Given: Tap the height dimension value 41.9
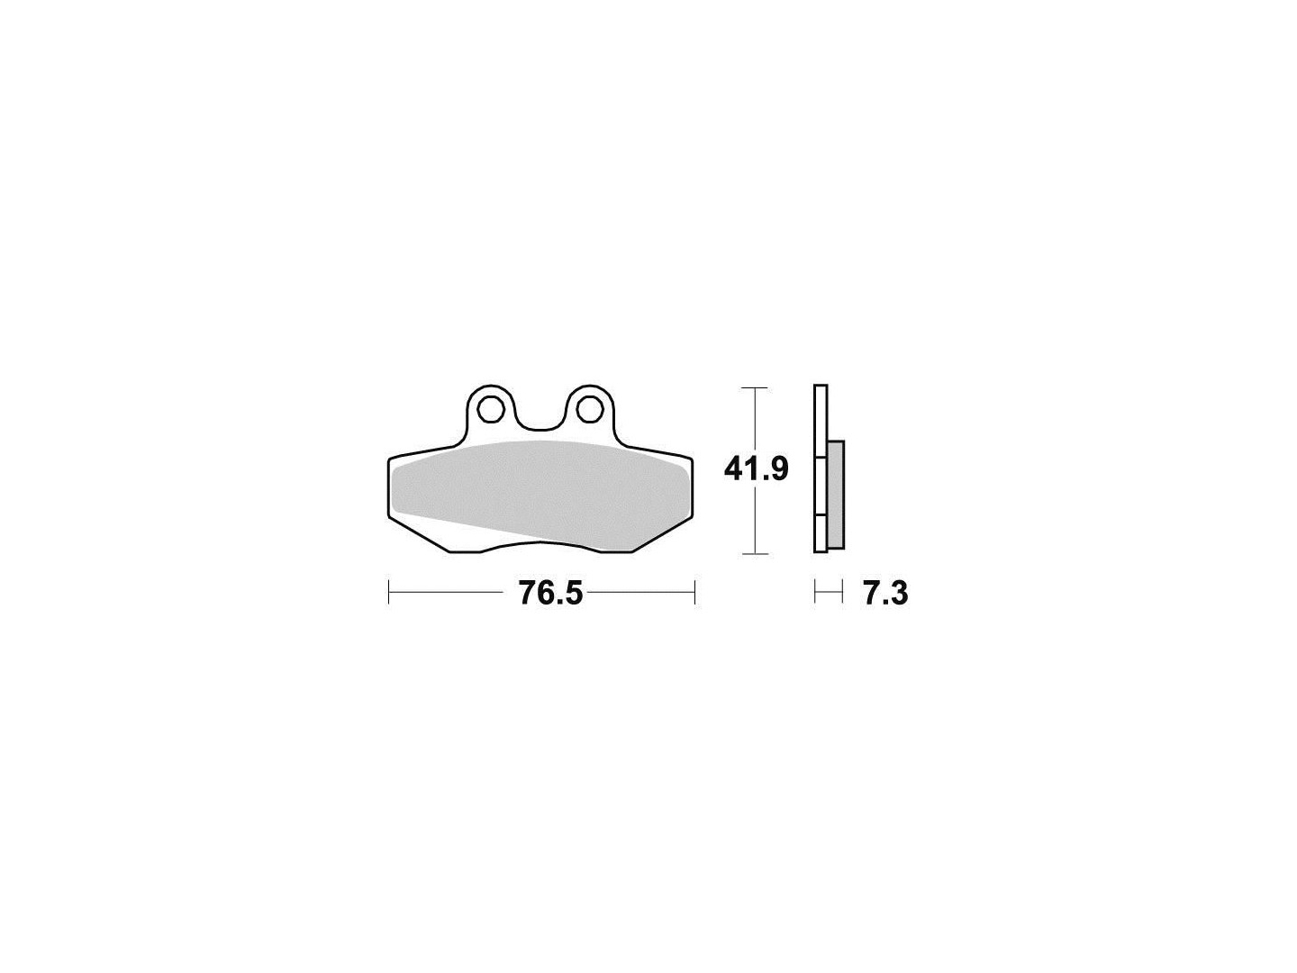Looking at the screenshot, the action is click(757, 470).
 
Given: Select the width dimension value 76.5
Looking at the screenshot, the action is click(550, 593).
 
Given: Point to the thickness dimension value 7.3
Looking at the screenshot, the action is click(885, 593).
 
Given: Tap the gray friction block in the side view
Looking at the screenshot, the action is click(836, 496).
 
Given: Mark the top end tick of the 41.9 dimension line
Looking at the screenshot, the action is click(755, 387).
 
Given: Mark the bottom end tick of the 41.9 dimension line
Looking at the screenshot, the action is click(755, 554).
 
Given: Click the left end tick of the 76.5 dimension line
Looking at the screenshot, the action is click(388, 593).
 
